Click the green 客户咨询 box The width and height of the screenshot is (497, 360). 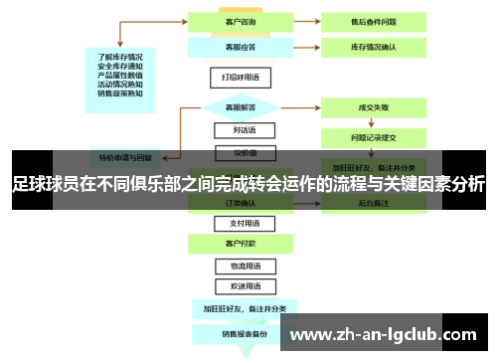click(237, 21)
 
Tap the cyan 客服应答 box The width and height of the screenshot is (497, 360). click(237, 46)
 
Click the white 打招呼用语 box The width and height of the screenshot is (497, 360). click(237, 76)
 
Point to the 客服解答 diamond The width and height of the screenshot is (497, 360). click(237, 105)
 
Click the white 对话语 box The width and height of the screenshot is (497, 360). click(237, 130)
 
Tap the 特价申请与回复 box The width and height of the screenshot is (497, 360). click(124, 157)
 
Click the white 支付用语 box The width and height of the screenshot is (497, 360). click(237, 224)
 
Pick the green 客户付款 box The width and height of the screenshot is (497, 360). click(237, 243)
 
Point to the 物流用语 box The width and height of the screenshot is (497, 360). click(237, 267)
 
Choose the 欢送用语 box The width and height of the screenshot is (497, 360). click(237, 285)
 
